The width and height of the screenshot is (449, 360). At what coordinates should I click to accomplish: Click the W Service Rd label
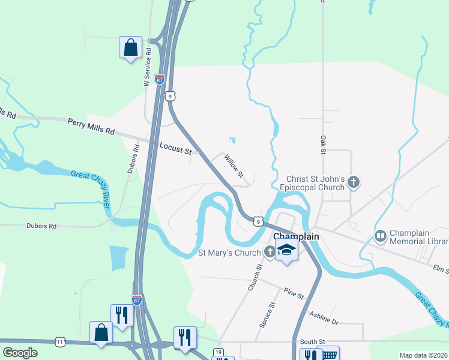(146, 70)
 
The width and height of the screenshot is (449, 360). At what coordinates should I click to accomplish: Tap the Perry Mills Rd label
(91, 126)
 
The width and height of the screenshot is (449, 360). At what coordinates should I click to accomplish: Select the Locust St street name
(175, 148)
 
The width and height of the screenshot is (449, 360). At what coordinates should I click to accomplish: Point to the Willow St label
(234, 166)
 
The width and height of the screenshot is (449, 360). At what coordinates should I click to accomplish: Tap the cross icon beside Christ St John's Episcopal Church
(354, 182)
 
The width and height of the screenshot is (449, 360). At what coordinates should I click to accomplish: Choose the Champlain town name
(296, 237)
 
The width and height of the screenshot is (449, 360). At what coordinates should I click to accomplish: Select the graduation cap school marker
(287, 251)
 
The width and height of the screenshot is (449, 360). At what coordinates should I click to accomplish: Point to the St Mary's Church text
(229, 253)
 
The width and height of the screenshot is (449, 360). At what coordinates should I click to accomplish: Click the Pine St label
(294, 293)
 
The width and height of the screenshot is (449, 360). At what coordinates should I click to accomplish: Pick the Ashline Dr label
(324, 317)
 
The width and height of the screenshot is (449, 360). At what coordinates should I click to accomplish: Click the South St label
(312, 341)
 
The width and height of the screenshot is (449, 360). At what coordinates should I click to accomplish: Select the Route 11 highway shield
(60, 341)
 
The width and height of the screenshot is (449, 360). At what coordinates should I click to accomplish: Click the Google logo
(19, 353)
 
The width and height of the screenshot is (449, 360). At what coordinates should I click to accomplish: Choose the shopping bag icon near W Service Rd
(130, 47)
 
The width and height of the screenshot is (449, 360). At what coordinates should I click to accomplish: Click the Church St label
(255, 278)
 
